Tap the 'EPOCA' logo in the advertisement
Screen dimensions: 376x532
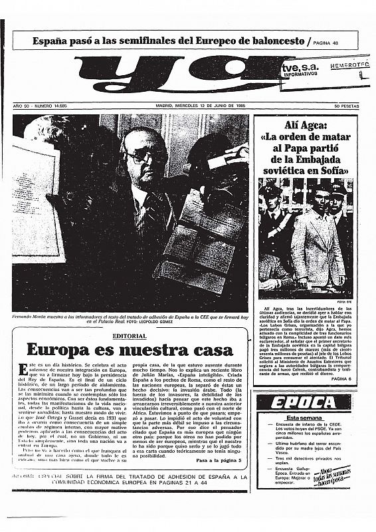[302, 403]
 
